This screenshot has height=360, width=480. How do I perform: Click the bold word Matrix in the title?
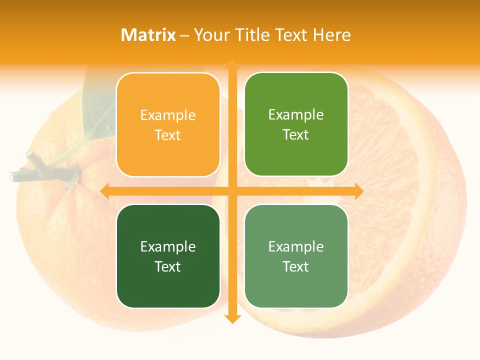[x=148, y=35]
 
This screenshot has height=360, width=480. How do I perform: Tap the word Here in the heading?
[x=331, y=35]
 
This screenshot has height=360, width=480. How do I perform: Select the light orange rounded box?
[x=168, y=124]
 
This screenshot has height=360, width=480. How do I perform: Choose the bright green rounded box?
[x=296, y=124]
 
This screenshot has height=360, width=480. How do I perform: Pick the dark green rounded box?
[x=168, y=256]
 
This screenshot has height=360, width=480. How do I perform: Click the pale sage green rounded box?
[x=296, y=256]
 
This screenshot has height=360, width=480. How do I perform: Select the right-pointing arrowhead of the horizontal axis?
[x=358, y=191]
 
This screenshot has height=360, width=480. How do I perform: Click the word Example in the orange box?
[x=168, y=115]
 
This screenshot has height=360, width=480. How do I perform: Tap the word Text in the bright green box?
[x=296, y=134]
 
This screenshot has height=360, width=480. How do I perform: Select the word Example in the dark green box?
[x=168, y=247]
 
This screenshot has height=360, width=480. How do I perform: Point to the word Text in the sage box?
[x=296, y=266]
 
